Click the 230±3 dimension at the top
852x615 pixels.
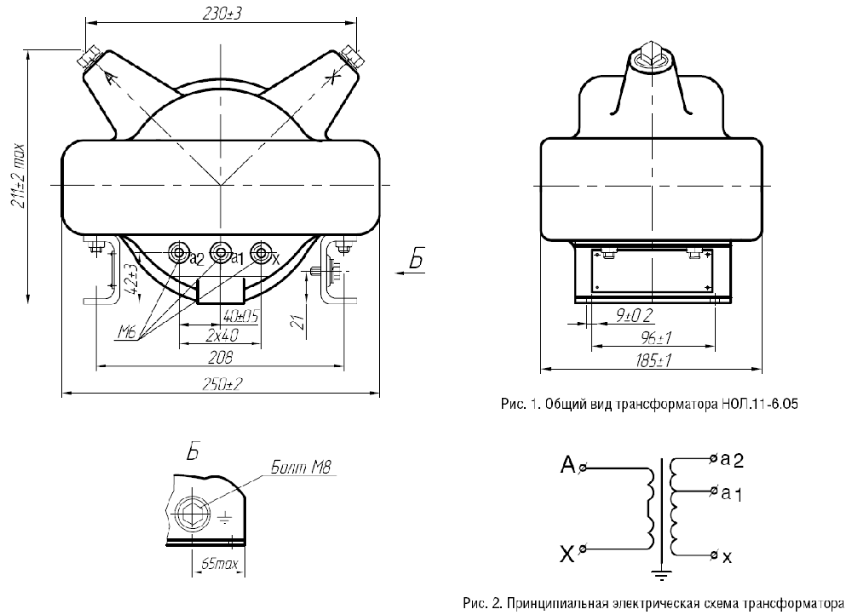coord(222,14)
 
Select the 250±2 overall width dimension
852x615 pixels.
coord(222,385)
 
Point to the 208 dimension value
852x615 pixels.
coord(220,358)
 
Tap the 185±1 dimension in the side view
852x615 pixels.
coord(653,361)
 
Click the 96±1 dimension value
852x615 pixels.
coord(653,338)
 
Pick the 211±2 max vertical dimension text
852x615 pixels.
coord(20,176)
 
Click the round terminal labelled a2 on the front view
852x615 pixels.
coord(179,253)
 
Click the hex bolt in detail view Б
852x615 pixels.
coord(195,513)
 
